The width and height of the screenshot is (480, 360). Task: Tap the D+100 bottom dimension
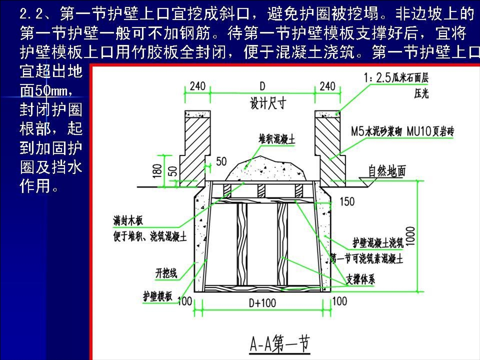[x=262, y=303]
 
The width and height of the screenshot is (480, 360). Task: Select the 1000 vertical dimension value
[x=410, y=236]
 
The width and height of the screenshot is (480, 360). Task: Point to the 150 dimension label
[x=347, y=202]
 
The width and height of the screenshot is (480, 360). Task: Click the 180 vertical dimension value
[x=157, y=171]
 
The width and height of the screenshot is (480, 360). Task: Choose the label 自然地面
[x=387, y=171]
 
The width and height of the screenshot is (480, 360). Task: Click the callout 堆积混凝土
[x=277, y=139]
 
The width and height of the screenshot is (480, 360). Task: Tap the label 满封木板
[x=128, y=220]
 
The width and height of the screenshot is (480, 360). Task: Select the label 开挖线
[x=166, y=273]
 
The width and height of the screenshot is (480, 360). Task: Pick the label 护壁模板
[x=158, y=296]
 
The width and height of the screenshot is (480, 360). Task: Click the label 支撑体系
[x=360, y=279]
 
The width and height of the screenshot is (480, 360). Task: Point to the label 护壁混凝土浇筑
[x=378, y=243]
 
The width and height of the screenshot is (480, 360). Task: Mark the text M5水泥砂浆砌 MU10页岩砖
[x=402, y=132]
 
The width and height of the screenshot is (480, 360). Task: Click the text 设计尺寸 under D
[x=268, y=103]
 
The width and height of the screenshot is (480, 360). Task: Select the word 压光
[x=421, y=94]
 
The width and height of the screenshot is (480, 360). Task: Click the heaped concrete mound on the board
[x=265, y=169]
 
